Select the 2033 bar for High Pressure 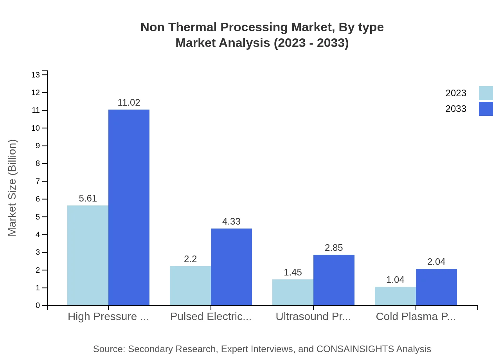(x=129, y=207)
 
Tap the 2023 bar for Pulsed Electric (x=190, y=286)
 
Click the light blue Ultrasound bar (x=293, y=292)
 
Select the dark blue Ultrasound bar (x=334, y=280)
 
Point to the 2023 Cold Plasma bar (x=395, y=296)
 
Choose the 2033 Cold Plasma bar (x=436, y=287)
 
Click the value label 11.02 (x=129, y=103)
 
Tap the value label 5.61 (x=88, y=198)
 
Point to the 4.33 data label (x=231, y=221)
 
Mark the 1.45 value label (x=293, y=272)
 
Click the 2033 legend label (x=456, y=109)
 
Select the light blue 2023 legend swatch (x=486, y=93)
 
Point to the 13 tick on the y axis (x=36, y=75)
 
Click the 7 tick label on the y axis (x=38, y=181)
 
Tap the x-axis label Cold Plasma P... (x=416, y=317)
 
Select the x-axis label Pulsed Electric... (x=211, y=317)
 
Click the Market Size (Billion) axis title (x=12, y=188)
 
